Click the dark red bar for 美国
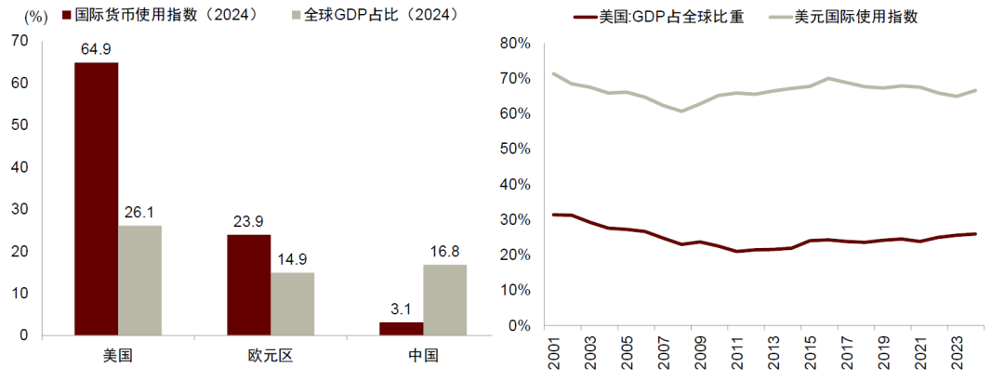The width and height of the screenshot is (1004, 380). [97, 199]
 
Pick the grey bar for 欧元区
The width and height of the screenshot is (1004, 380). [292, 304]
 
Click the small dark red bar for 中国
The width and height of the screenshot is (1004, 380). [402, 329]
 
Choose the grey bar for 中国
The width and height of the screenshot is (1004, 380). [444, 300]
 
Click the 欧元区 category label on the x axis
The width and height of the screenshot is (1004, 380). [270, 356]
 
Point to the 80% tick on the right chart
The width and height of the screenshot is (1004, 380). [514, 43]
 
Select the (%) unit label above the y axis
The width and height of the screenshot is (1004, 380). [34, 17]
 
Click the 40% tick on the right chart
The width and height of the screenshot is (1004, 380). [514, 184]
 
